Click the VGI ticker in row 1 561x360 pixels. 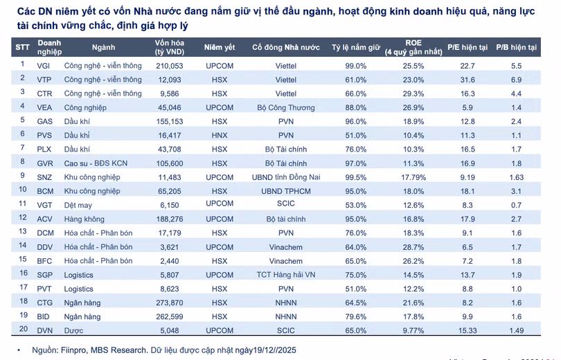(44, 66)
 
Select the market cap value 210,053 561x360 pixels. (170, 66)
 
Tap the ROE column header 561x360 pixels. (413, 47)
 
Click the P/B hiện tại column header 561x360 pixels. (516, 47)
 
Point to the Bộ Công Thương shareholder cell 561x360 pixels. (286, 107)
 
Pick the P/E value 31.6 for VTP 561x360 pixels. (467, 80)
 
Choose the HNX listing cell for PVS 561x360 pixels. (220, 136)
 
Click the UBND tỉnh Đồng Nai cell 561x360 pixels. (286, 177)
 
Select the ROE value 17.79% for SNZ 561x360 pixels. (413, 177)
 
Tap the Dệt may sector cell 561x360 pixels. (78, 205)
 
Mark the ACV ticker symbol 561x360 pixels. (45, 219)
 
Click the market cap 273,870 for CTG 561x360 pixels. (170, 303)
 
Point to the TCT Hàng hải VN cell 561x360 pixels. (286, 275)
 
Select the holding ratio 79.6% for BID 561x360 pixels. (355, 317)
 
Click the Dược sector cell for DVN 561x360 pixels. (73, 331)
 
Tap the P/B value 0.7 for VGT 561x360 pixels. (516, 205)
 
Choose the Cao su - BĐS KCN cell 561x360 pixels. (96, 163)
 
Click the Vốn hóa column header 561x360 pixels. (170, 47)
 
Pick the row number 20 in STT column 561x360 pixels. (24, 329)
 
